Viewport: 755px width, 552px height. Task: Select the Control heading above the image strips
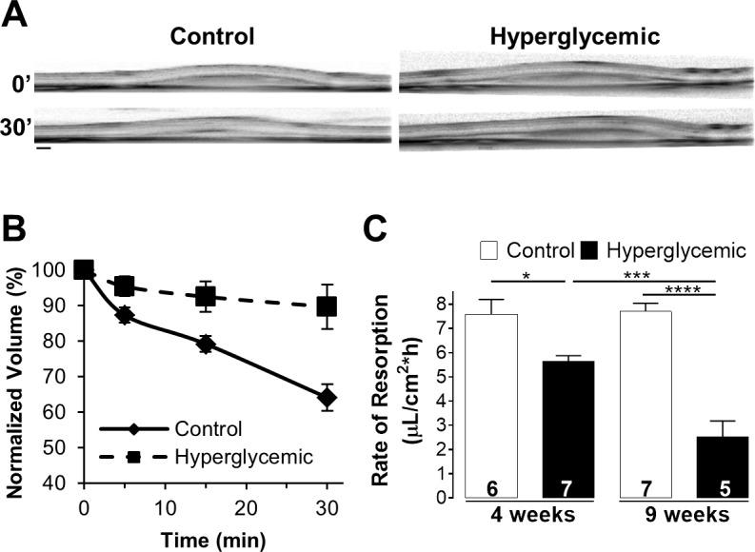point(212,37)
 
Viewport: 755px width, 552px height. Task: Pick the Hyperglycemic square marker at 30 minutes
point(327,306)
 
